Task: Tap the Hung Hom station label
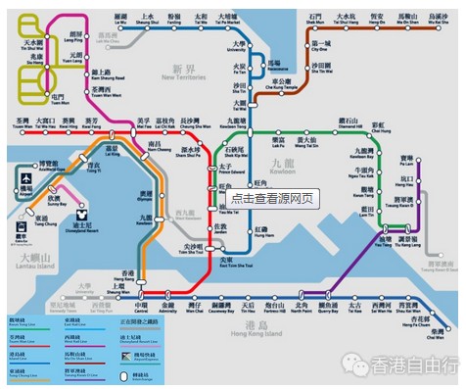pos(264,233)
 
